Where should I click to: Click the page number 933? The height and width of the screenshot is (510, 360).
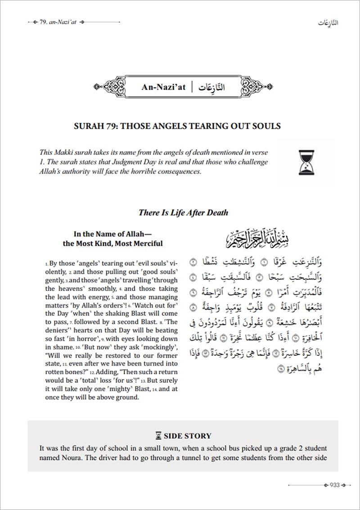pyautogui.click(x=334, y=484)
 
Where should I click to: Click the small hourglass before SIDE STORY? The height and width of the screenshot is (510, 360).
pyautogui.click(x=158, y=435)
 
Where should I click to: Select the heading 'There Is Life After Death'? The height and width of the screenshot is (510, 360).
pyautogui.click(x=183, y=213)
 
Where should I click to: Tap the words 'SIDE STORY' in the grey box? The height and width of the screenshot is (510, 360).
pyautogui.click(x=187, y=435)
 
